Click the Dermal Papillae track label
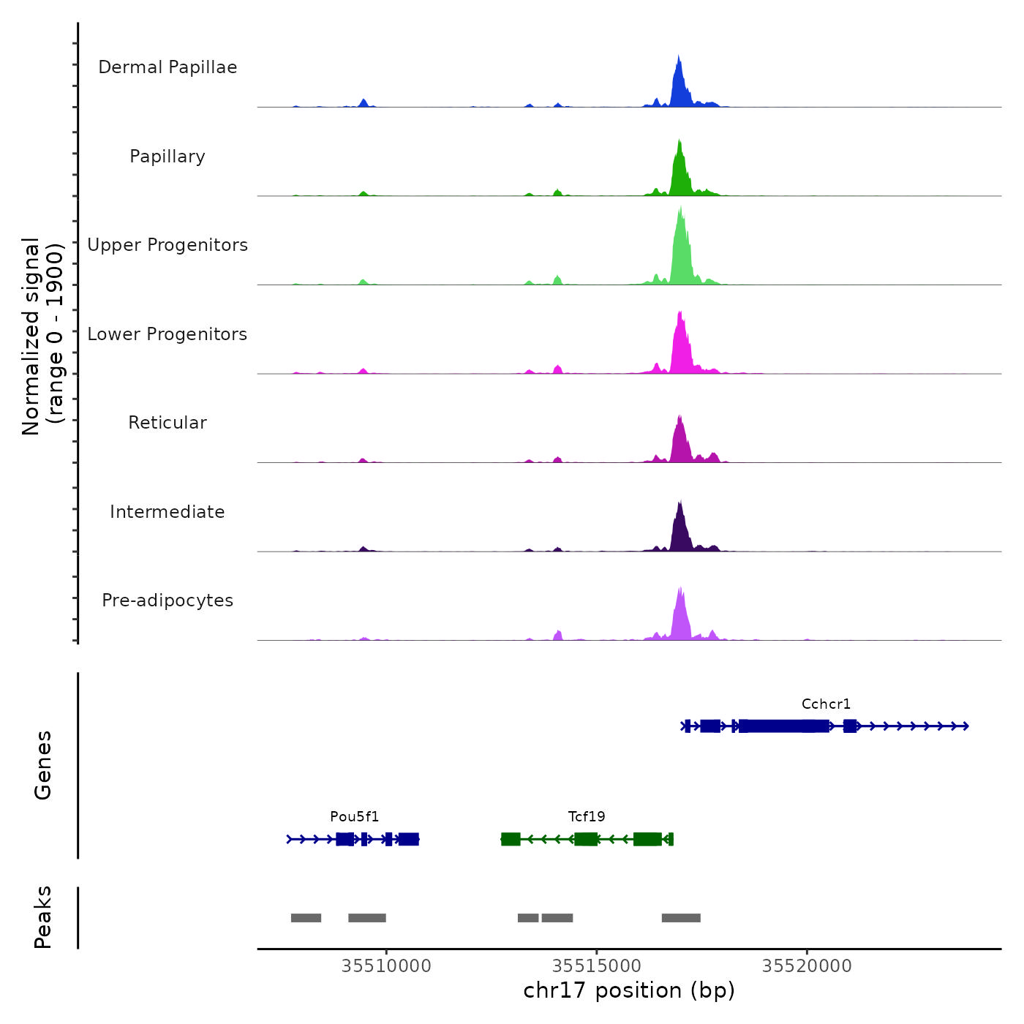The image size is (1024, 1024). [167, 67]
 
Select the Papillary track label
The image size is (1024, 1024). [167, 157]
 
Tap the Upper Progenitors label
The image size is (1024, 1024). [167, 245]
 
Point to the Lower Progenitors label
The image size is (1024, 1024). [167, 334]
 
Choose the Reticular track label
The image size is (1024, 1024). [167, 423]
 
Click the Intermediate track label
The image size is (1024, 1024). [167, 512]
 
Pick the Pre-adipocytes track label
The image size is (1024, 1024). [167, 601]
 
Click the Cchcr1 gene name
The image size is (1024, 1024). [826, 704]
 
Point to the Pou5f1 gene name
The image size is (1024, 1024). [355, 817]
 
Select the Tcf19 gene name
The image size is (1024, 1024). [587, 817]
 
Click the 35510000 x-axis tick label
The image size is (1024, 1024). [386, 966]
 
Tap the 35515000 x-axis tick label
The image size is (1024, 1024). [597, 966]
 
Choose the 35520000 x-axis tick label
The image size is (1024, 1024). [807, 966]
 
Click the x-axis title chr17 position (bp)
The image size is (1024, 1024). [629, 990]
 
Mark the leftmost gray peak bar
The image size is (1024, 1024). [306, 918]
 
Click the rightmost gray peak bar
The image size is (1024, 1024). [681, 918]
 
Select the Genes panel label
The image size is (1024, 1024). [43, 765]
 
